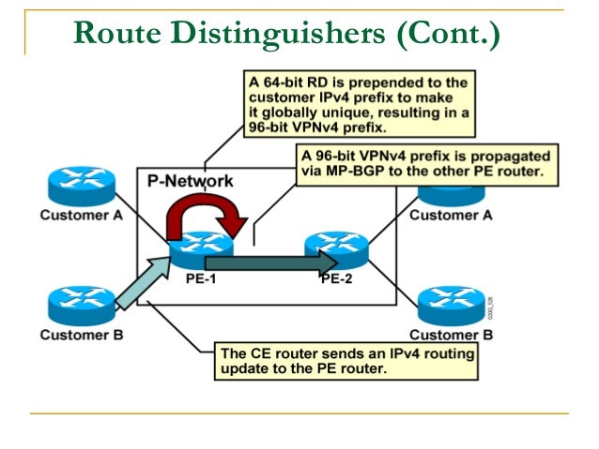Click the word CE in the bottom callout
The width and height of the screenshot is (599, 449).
pyautogui.click(x=258, y=353)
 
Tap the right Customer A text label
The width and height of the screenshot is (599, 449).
pyautogui.click(x=451, y=215)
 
